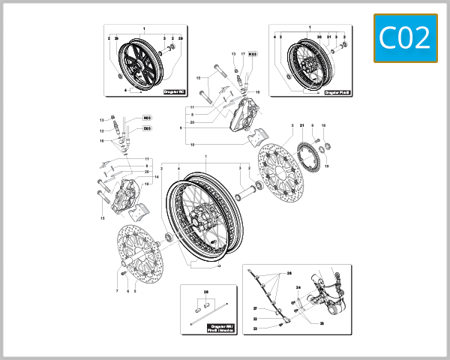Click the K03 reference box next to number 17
tap(253, 55)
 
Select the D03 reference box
tap(147, 127)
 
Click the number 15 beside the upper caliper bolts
tap(199, 78)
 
